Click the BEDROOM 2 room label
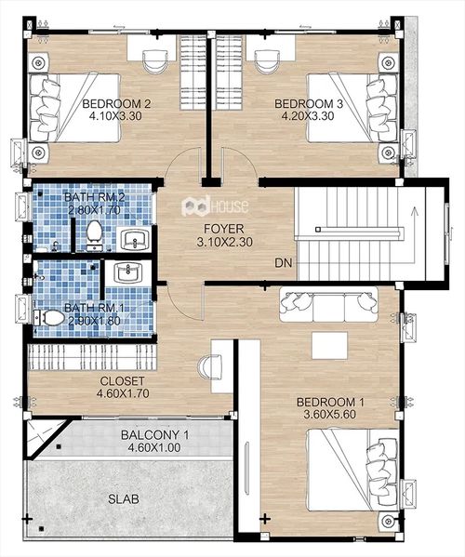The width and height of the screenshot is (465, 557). pyautogui.click(x=116, y=104)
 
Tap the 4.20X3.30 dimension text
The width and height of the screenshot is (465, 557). pyautogui.click(x=308, y=116)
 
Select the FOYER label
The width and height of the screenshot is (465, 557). pyautogui.click(x=224, y=229)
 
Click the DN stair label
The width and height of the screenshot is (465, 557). pyautogui.click(x=283, y=263)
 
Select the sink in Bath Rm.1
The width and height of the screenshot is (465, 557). pyautogui.click(x=128, y=272)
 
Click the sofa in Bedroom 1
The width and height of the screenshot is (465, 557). pyautogui.click(x=328, y=304)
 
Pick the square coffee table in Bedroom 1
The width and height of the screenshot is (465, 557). pyautogui.click(x=329, y=345)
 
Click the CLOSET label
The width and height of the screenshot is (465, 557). pyautogui.click(x=122, y=381)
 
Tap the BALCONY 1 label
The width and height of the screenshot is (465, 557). pyautogui.click(x=155, y=435)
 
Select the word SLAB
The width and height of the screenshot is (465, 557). pyautogui.click(x=124, y=499)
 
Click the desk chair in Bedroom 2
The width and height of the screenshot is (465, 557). pyautogui.click(x=155, y=60)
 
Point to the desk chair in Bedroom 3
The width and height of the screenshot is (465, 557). pyautogui.click(x=267, y=60)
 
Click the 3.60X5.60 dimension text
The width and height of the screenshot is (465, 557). pyautogui.click(x=330, y=414)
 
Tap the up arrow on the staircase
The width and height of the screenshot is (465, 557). pyautogui.click(x=414, y=235)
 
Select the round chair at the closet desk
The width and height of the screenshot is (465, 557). pyautogui.click(x=210, y=365)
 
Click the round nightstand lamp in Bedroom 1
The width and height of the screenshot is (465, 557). pyautogui.click(x=388, y=521)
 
